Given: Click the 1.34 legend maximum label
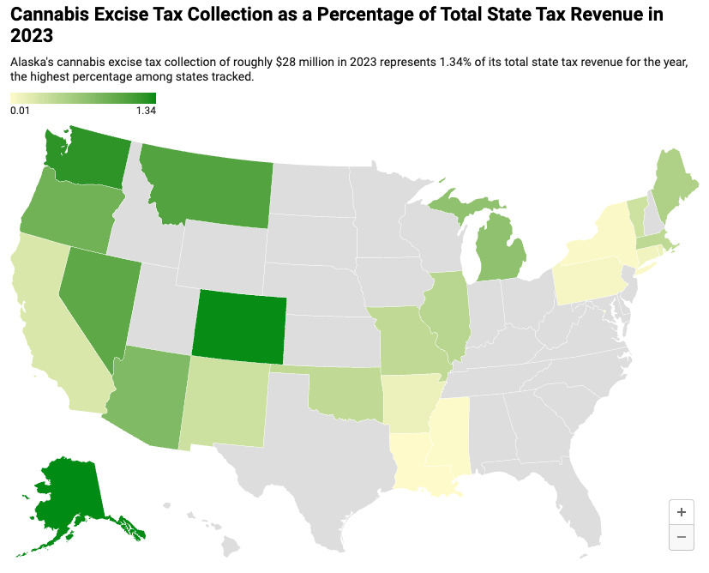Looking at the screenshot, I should pyautogui.click(x=146, y=110).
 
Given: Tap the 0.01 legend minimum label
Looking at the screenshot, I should pyautogui.click(x=21, y=110).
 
